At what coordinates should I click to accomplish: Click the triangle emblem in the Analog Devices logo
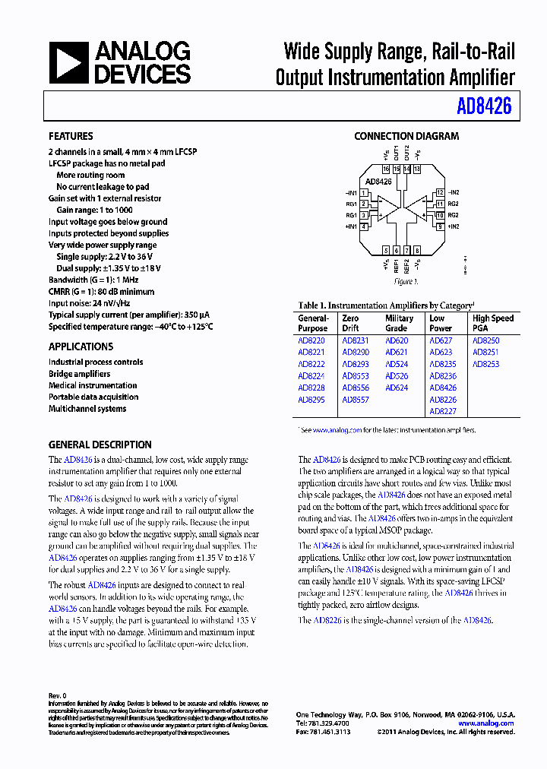pyautogui.click(x=68, y=62)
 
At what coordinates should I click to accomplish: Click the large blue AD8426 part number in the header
pyautogui.click(x=484, y=106)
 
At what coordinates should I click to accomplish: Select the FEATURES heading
pyautogui.click(x=71, y=137)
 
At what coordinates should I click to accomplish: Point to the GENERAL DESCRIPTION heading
pyautogui.click(x=100, y=445)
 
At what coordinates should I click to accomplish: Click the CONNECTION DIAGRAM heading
pyautogui.click(x=406, y=137)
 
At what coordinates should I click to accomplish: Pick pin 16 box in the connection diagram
pyautogui.click(x=386, y=169)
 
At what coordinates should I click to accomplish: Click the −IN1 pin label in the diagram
pyautogui.click(x=350, y=193)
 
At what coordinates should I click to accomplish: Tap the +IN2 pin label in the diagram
pyautogui.click(x=453, y=226)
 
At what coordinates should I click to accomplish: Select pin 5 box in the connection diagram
pyautogui.click(x=386, y=250)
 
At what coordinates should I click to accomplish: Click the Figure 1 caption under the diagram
pyautogui.click(x=406, y=282)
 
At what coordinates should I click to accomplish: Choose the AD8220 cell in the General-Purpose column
pyautogui.click(x=311, y=341)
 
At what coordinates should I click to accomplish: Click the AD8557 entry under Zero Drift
pyautogui.click(x=355, y=400)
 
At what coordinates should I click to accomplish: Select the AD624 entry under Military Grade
pyautogui.click(x=397, y=388)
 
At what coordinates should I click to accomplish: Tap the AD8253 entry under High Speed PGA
pyautogui.click(x=485, y=365)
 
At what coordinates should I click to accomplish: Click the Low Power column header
pyautogui.click(x=441, y=324)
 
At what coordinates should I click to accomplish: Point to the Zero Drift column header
pyautogui.click(x=350, y=324)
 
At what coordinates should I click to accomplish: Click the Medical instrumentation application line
pyautogui.click(x=93, y=385)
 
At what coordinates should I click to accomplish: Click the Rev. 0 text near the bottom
pyautogui.click(x=58, y=695)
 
